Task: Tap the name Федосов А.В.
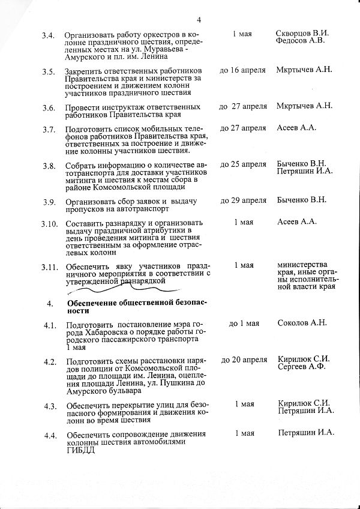[x=299, y=41]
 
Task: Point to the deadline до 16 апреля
[x=242, y=70]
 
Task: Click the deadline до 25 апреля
[x=243, y=164]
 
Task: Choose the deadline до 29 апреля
[x=243, y=199]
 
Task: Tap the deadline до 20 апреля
[x=244, y=360]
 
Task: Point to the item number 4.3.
[x=49, y=406]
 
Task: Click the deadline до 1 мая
[x=244, y=324]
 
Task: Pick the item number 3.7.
[x=49, y=129]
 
